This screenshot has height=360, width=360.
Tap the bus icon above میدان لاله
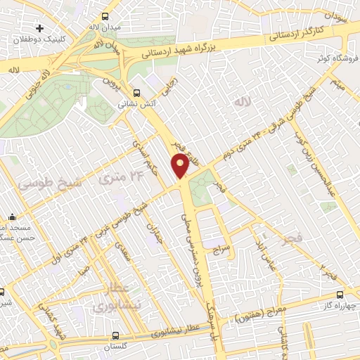(105, 15)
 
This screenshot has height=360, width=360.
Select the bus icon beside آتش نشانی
(136, 91)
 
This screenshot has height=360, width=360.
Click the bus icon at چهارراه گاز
(341, 295)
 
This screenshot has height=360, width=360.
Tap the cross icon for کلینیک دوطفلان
(39, 29)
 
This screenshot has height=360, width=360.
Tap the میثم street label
(338, 88)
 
